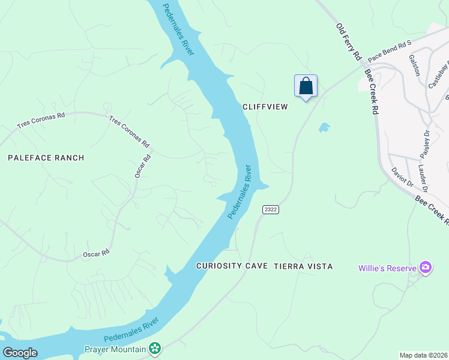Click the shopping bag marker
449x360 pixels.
306,86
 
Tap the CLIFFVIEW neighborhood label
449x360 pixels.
265,107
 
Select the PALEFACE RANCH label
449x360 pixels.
46,158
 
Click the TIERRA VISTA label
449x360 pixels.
303,266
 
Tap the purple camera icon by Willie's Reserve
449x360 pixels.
426,267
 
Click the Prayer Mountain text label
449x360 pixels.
115,349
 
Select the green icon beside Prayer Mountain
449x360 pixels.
155,348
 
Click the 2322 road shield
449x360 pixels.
270,209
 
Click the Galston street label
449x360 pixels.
414,65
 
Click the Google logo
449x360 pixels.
20,353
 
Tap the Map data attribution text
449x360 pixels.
424,355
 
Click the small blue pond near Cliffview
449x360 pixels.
324,127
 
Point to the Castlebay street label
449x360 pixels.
437,75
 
